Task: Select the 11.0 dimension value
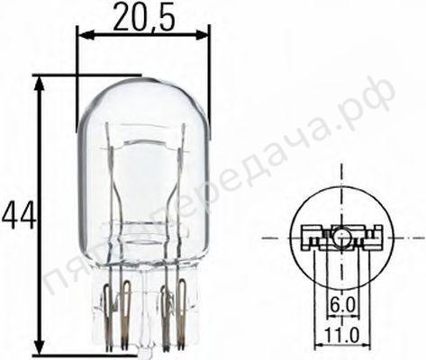pos(341,335)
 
